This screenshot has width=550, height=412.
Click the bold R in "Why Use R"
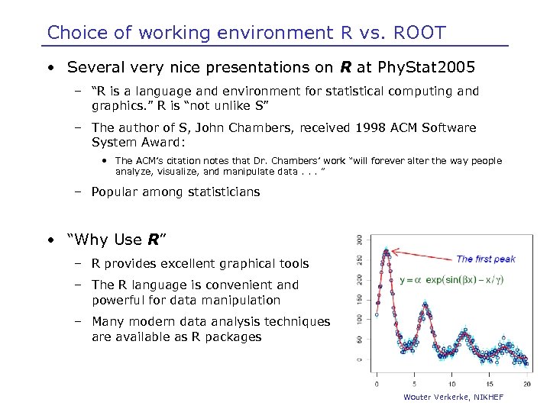point(153,240)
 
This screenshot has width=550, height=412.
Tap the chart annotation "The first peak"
point(485,259)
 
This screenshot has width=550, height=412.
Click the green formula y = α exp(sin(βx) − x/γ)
point(451,280)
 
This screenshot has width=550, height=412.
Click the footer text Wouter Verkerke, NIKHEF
point(454,398)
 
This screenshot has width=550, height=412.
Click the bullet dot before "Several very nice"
point(50,67)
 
